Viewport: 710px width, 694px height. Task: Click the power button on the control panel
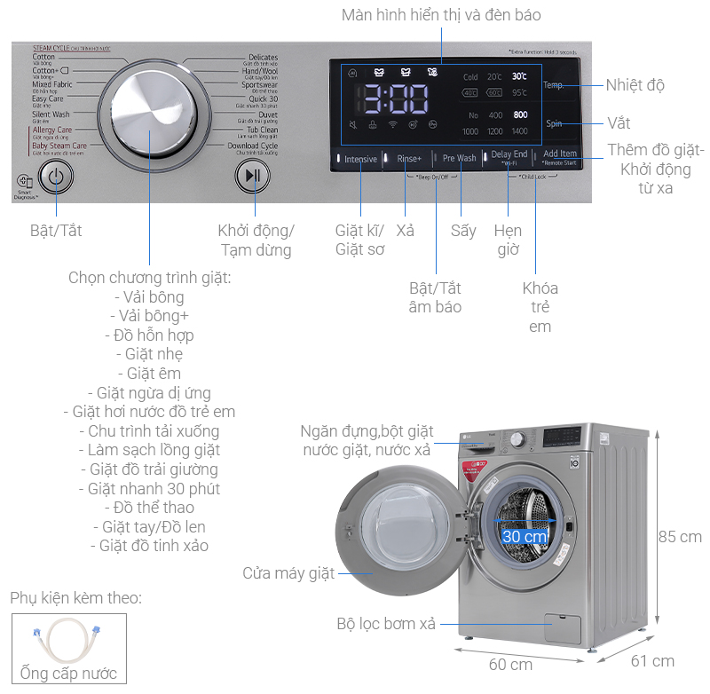(56, 176)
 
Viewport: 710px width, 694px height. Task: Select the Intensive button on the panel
(360, 159)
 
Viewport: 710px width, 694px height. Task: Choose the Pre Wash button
(460, 159)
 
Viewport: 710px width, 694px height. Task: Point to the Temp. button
(554, 85)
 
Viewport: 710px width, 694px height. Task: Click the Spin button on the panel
(554, 124)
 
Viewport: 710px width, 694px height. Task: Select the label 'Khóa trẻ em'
(540, 307)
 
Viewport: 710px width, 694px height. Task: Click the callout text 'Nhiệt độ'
(635, 85)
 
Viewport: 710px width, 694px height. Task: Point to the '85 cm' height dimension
(680, 537)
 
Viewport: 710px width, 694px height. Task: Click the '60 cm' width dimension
(510, 664)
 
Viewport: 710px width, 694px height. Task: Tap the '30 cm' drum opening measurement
(525, 537)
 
